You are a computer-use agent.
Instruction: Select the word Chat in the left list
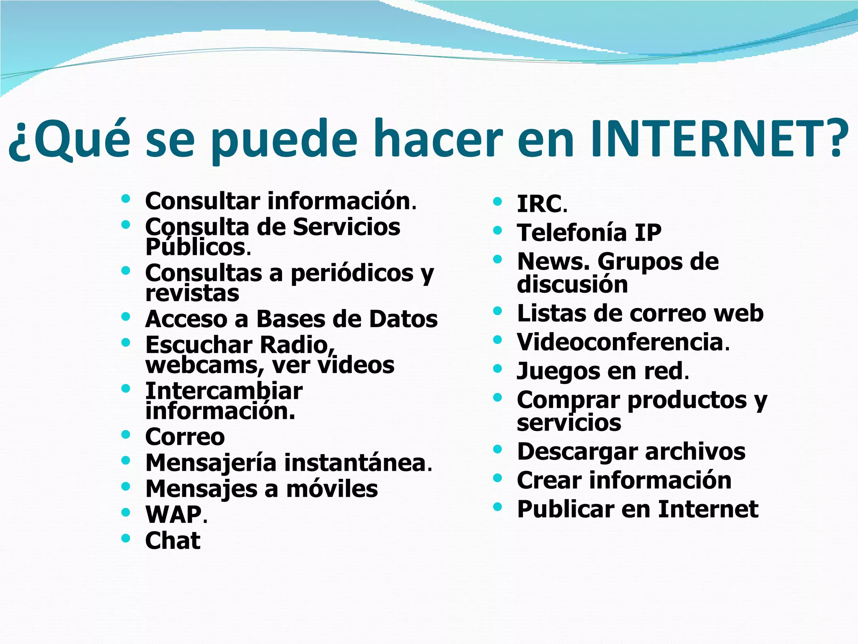coord(173,540)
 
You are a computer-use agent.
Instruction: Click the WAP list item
coord(173,514)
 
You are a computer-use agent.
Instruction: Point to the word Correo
coord(185,437)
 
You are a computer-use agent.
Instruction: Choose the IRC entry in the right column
coord(539,204)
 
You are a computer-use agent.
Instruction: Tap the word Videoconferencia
coord(620,342)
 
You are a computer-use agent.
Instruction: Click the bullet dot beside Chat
coord(126,538)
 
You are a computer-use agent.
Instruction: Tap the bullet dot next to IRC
coord(497,202)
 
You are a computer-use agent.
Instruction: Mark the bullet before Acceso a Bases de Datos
coord(126,316)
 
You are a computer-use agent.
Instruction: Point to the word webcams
coord(204,365)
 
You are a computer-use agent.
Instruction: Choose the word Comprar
coord(568,400)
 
